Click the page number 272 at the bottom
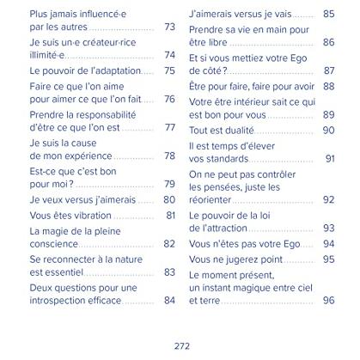click(182, 346)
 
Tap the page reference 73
click(169, 27)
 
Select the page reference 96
click(328, 300)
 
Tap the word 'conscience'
click(54, 244)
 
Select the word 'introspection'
click(55, 301)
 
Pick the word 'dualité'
click(240, 131)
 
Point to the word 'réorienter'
click(210, 199)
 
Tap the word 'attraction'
click(224, 229)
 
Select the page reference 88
click(328, 86)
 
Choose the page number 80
click(169, 199)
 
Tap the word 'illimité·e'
click(47, 55)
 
